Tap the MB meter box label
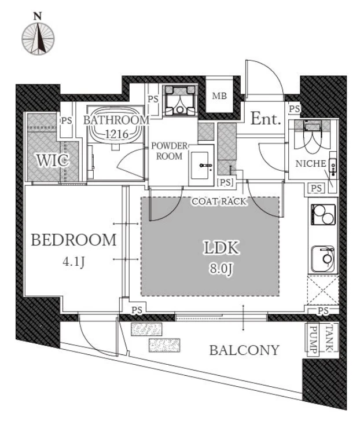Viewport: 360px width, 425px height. [219, 96]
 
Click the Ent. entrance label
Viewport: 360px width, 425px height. [265, 119]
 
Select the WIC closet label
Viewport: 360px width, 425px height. [52, 160]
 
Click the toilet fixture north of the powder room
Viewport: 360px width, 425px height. [180, 100]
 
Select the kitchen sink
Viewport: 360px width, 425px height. [323, 259]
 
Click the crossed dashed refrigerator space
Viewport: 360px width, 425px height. [323, 290]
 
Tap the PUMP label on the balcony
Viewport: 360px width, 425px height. [313, 339]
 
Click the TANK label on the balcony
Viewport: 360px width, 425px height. [329, 338]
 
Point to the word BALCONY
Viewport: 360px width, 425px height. [244, 350]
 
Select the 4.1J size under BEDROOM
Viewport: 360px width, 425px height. [74, 262]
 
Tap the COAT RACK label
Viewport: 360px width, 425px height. [219, 201]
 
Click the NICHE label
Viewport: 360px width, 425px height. [311, 164]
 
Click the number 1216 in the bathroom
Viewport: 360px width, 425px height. [117, 134]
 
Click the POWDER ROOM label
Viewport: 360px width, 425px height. [170, 151]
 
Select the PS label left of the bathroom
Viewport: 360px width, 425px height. [67, 120]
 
